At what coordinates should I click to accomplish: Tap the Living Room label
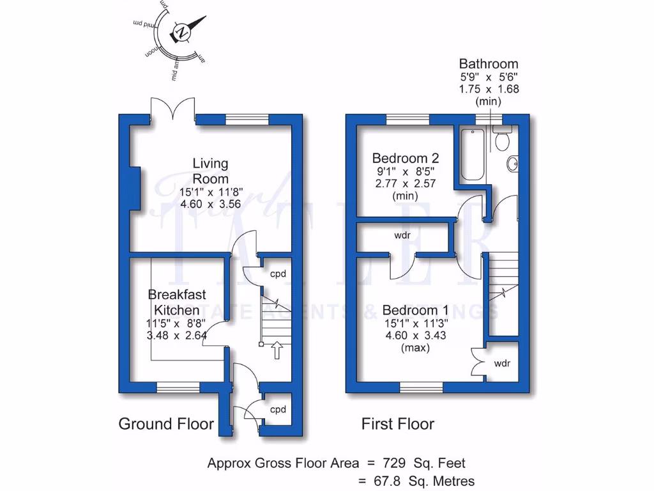(x=210, y=171)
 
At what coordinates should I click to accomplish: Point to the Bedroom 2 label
(x=405, y=158)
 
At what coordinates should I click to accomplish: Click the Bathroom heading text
(x=489, y=64)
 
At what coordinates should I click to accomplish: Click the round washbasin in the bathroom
(x=512, y=164)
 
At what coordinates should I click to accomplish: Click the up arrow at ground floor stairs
(x=277, y=350)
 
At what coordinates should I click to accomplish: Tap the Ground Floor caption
(x=166, y=424)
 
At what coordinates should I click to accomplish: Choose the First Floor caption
(x=398, y=424)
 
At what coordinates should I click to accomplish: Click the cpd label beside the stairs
(x=278, y=274)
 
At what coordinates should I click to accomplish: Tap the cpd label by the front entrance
(x=277, y=409)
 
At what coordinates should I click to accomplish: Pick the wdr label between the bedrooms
(x=402, y=235)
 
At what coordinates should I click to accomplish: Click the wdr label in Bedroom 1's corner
(x=501, y=364)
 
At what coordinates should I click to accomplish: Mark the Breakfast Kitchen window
(x=178, y=387)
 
